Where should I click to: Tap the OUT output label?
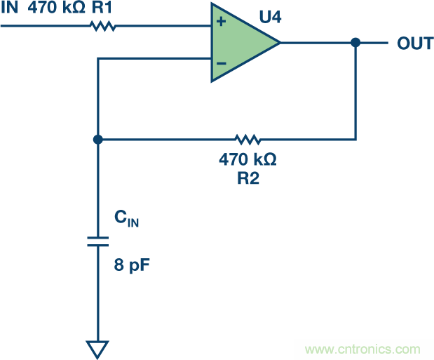(x=414, y=44)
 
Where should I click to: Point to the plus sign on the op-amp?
(x=221, y=22)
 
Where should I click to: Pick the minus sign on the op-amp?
(x=221, y=63)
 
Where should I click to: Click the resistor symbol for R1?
(x=102, y=27)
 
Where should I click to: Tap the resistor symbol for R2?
(x=247, y=139)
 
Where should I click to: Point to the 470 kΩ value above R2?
(x=247, y=159)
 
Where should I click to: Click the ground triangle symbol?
(x=98, y=348)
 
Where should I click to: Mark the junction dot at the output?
(x=355, y=43)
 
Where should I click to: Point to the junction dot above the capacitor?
(x=98, y=139)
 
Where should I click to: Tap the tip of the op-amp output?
(x=280, y=43)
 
